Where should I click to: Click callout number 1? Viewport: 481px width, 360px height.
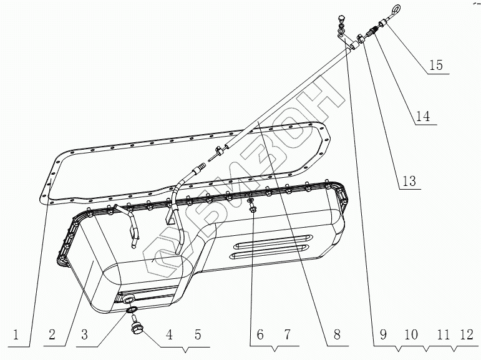pyautogui.click(x=22, y=335)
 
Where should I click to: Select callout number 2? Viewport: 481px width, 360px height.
pyautogui.click(x=54, y=335)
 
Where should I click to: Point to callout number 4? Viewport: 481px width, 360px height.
pyautogui.click(x=168, y=335)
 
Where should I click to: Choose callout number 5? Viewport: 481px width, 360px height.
pyautogui.click(x=197, y=335)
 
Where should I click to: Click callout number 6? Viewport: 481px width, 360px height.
pyautogui.click(x=256, y=335)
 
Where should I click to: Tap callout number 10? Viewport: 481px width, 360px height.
pyautogui.click(x=411, y=335)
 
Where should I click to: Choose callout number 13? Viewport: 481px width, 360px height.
pyautogui.click(x=409, y=180)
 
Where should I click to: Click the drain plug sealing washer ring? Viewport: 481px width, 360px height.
pyautogui.click(x=131, y=309)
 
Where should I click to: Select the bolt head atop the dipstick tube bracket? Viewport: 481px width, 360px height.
pyautogui.click(x=340, y=18)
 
